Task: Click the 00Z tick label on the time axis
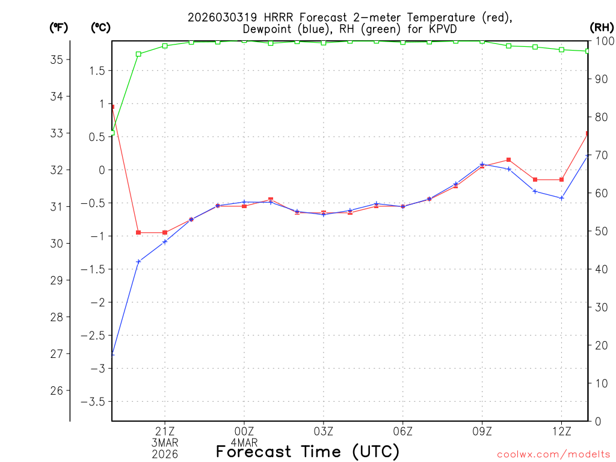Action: tap(244, 431)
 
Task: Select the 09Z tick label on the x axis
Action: tap(482, 431)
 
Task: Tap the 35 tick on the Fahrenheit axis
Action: tap(56, 60)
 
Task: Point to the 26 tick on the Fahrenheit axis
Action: tap(56, 390)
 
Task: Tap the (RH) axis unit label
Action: tap(602, 27)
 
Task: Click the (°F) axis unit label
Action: tap(58, 27)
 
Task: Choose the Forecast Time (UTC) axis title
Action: tap(307, 451)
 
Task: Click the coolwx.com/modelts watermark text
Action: tap(553, 454)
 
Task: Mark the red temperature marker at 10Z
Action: tap(509, 159)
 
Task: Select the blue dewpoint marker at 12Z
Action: tap(561, 198)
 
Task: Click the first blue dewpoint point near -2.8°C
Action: tap(112, 354)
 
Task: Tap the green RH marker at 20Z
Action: tap(138, 54)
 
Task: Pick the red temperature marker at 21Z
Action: tap(165, 232)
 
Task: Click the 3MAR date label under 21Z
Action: tap(164, 442)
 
